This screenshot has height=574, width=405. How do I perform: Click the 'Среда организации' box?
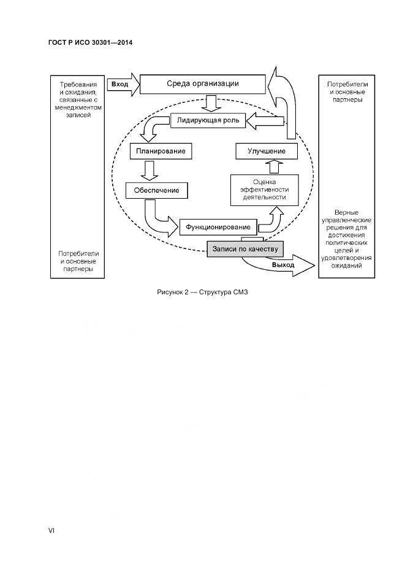pos(202,84)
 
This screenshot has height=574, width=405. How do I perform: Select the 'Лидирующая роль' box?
pos(208,121)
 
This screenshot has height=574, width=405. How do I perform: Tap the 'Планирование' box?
pos(157,150)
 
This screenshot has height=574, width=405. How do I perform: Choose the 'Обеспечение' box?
pos(156,190)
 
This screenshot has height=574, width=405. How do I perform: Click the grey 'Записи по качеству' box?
pos(245,248)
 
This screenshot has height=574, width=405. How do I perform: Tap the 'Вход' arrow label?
pos(120,83)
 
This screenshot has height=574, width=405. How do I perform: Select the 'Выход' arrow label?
pos(282,266)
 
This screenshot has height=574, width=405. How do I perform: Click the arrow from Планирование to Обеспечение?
pos(148,169)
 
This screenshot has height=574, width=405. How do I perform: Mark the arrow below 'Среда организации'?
pos(210,102)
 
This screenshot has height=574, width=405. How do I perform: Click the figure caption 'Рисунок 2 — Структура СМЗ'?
pos(202,292)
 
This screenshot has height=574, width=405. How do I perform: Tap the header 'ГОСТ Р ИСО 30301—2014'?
pos(90,42)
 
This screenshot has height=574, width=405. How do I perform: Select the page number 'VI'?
pos(51,531)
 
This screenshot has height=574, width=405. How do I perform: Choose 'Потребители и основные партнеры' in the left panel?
pos(78,261)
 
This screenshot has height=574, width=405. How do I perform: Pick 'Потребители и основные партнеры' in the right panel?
pos(347,91)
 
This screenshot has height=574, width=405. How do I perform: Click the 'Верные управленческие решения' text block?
pos(347,239)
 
